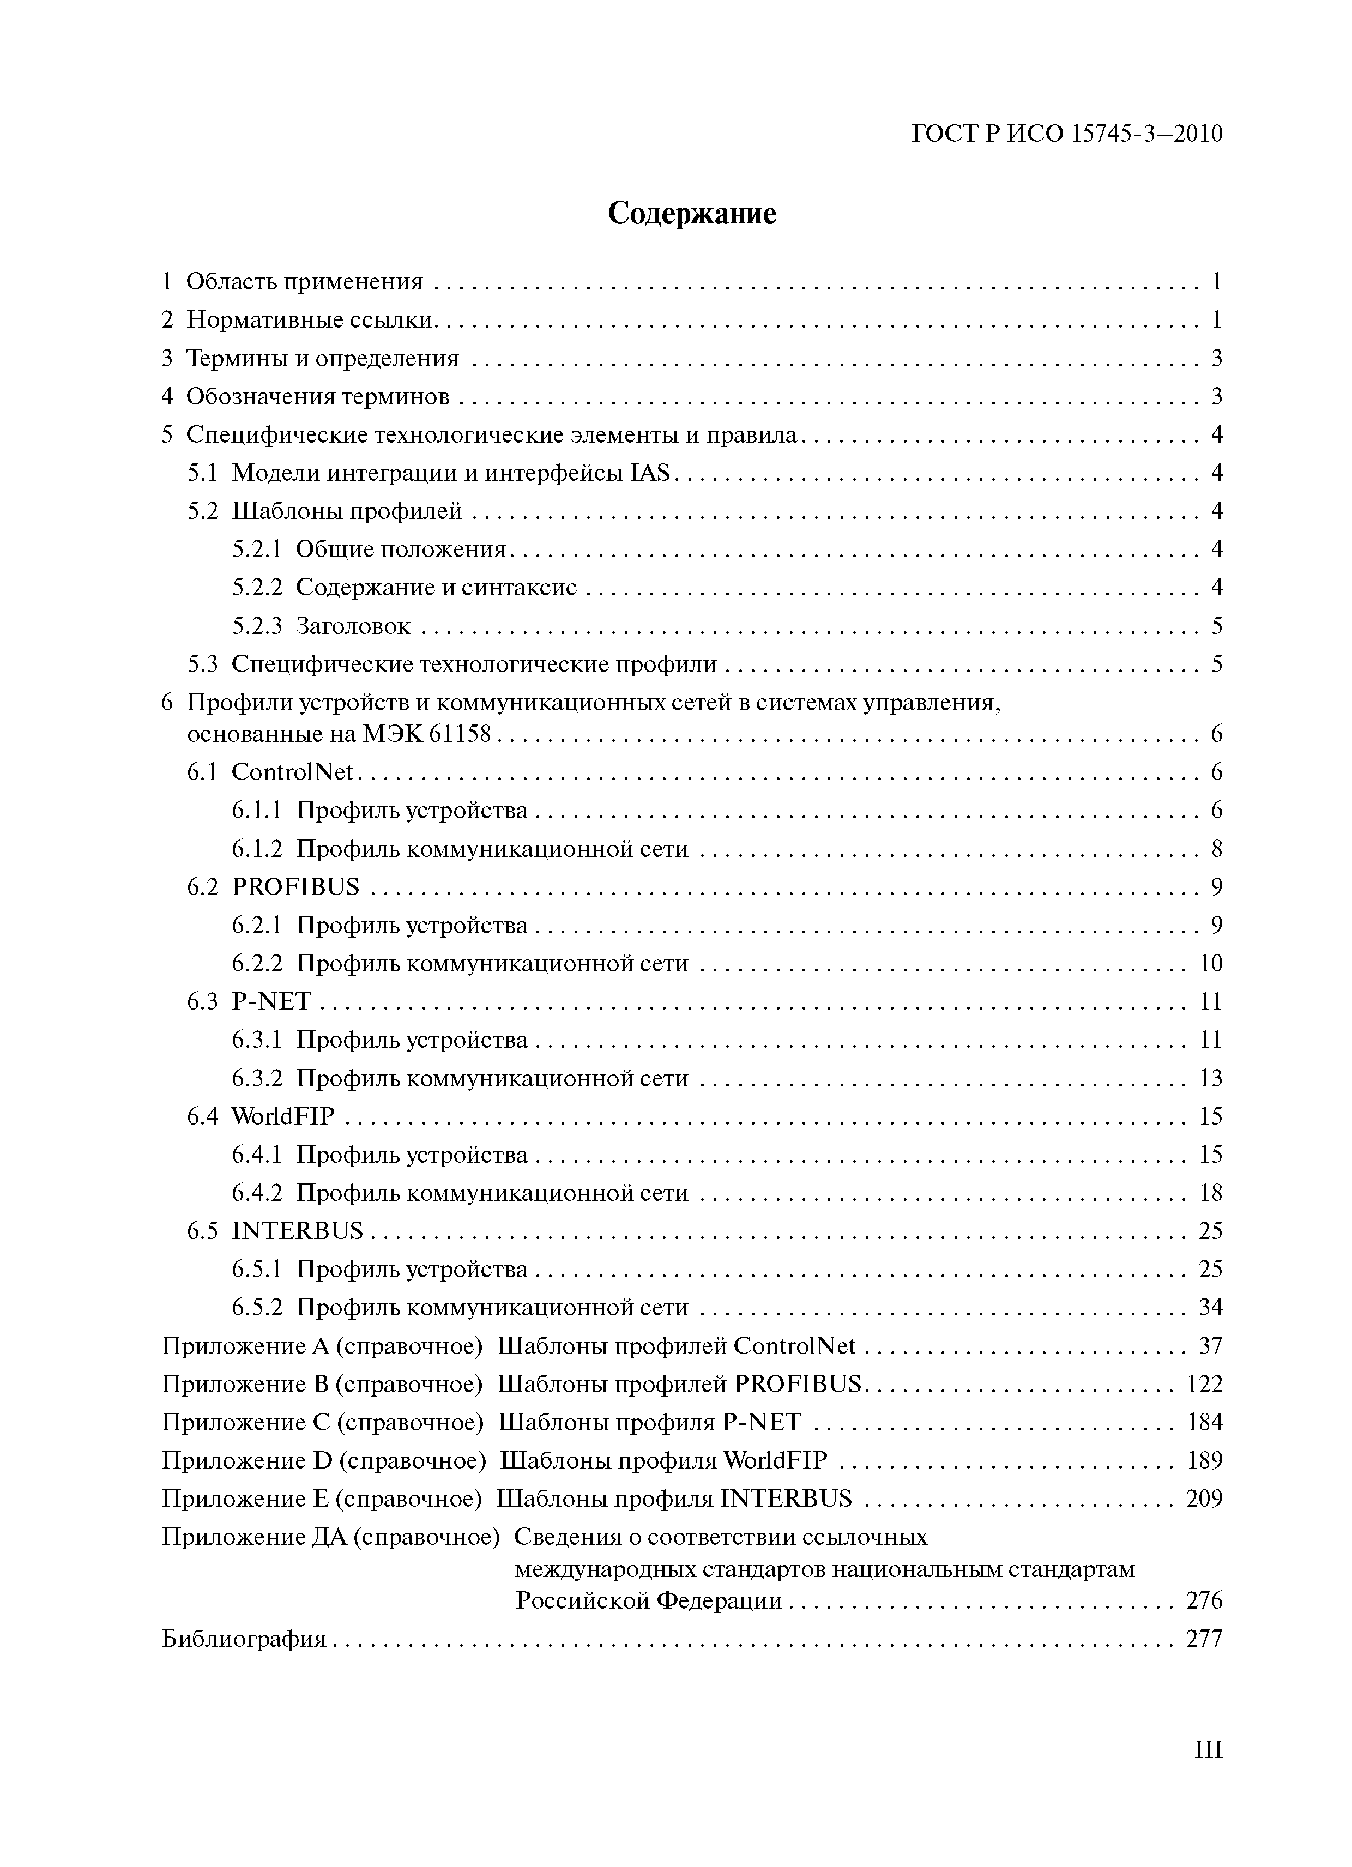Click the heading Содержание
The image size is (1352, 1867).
[692, 213]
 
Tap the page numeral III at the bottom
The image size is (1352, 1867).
[1208, 1772]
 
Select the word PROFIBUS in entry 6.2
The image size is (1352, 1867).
[295, 886]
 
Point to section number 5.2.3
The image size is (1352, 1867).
[256, 626]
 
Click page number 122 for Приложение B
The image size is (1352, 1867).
[1204, 1384]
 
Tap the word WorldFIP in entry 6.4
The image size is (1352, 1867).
[283, 1116]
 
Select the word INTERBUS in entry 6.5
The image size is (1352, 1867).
[297, 1231]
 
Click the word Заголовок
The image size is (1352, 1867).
[352, 626]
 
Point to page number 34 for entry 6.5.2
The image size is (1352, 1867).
[1210, 1307]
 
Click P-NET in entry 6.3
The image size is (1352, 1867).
[271, 1001]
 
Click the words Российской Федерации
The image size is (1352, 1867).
[649, 1600]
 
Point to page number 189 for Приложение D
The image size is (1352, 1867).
[1204, 1460]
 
